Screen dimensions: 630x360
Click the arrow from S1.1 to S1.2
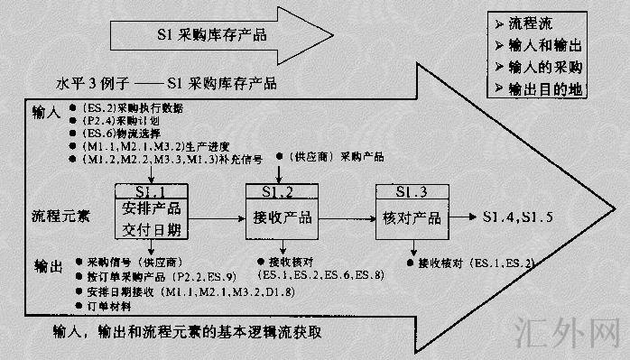pos(216,218)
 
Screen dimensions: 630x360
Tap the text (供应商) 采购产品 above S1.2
pos(338,156)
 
